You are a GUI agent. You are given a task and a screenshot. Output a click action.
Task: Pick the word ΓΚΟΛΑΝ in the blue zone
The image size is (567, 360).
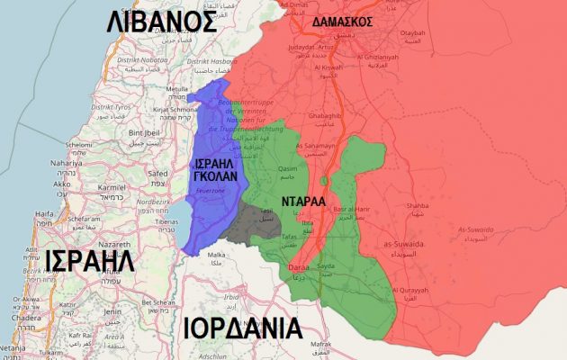pyautogui.click(x=217, y=176)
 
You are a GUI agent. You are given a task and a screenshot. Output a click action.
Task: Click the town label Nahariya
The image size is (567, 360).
pyautogui.click(x=67, y=163)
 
